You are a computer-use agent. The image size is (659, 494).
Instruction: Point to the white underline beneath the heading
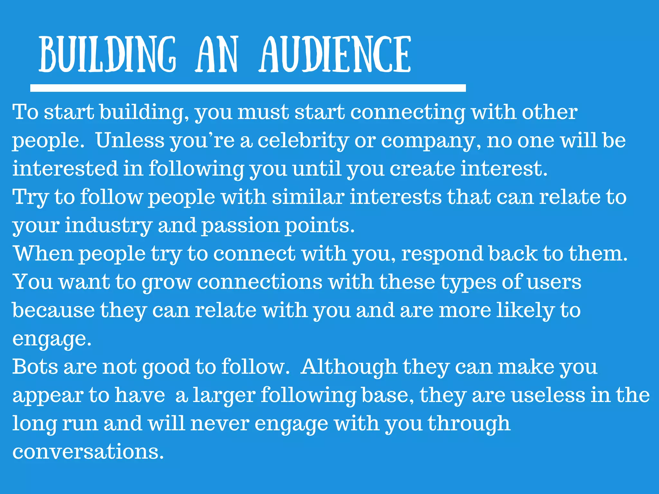(248, 88)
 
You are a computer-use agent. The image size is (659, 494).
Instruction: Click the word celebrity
(303, 141)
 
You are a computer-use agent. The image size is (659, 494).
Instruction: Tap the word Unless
(130, 141)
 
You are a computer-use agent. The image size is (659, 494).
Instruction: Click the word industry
(108, 225)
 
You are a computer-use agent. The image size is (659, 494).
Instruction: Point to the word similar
(308, 197)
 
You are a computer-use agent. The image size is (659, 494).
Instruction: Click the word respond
(442, 254)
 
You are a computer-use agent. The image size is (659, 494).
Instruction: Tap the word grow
(167, 282)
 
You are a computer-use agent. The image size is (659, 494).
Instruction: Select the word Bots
(35, 367)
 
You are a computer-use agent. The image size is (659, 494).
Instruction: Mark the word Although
(349, 367)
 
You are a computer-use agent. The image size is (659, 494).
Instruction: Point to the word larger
(224, 396)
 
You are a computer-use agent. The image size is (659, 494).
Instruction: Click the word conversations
(88, 452)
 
